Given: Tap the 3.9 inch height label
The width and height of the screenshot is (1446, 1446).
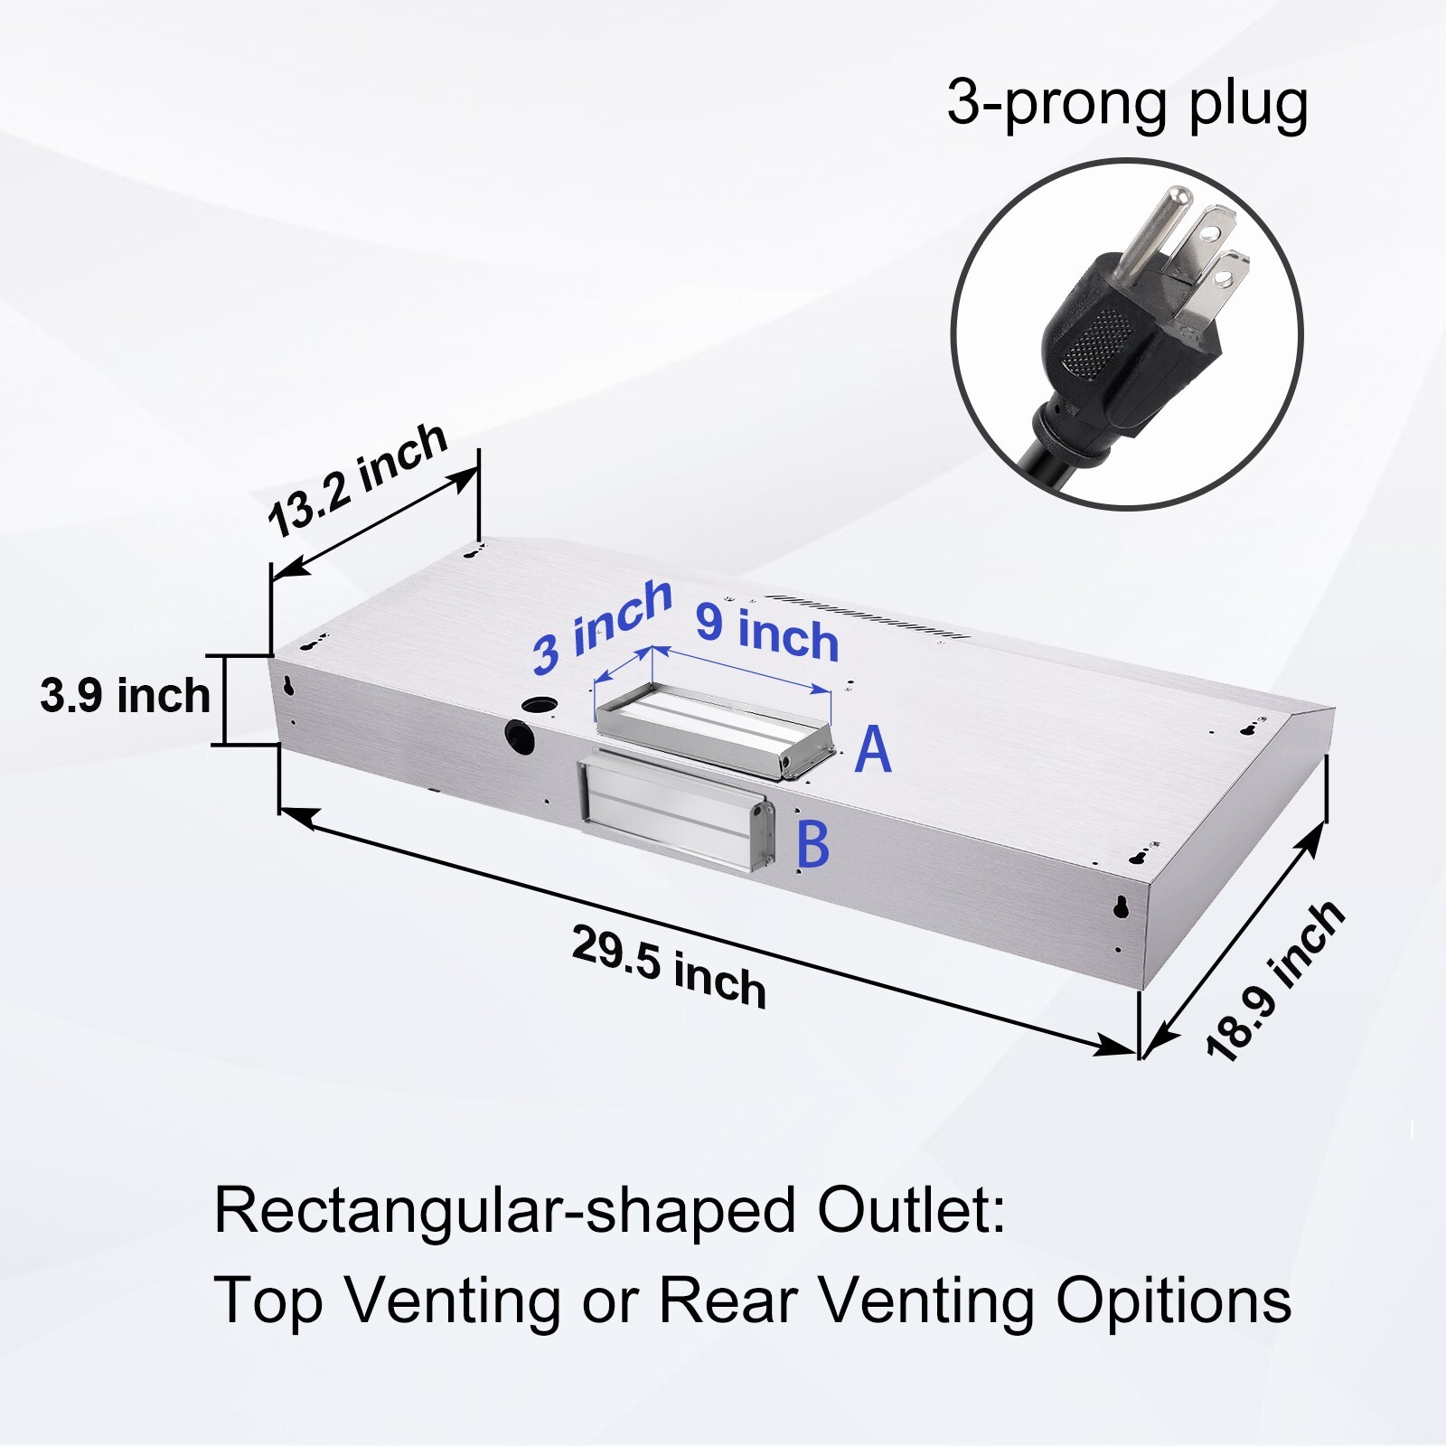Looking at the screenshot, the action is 125,696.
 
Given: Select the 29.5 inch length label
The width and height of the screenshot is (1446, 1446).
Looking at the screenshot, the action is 669,967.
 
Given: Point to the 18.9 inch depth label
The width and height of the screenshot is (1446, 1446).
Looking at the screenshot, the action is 1276,981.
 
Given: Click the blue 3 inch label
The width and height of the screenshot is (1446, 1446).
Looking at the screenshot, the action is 602,625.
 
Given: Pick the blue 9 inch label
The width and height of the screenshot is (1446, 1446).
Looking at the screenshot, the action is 767,632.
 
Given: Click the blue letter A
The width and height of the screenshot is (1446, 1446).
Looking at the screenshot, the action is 873,749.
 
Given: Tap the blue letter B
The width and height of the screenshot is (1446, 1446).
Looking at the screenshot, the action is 812,844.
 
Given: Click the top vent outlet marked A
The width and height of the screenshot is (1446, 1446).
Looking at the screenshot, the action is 713,729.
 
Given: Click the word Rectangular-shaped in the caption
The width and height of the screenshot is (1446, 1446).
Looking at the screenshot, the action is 505,1211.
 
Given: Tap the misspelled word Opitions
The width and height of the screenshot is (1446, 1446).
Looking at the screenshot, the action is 1174,1301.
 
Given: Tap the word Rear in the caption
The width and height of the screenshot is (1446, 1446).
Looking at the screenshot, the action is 728,1300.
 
